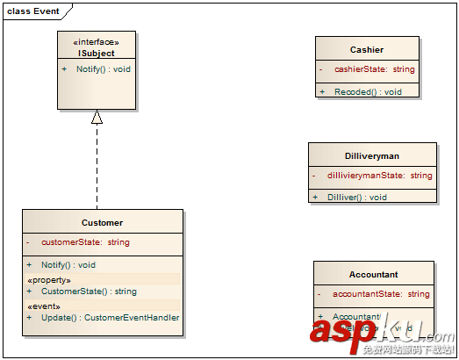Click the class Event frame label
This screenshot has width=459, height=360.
click(x=33, y=10)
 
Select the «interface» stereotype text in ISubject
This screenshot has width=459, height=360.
click(x=97, y=41)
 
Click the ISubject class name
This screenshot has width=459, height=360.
click(x=97, y=53)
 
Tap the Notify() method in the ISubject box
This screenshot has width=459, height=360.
click(x=103, y=68)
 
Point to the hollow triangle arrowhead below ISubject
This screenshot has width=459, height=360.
click(x=97, y=117)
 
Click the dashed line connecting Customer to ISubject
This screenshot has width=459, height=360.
click(x=97, y=167)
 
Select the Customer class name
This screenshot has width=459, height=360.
click(x=102, y=223)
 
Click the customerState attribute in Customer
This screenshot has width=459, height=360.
click(x=85, y=241)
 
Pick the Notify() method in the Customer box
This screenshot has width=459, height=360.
click(x=68, y=264)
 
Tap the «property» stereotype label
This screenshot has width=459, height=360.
click(x=49, y=280)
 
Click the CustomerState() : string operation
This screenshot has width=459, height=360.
click(x=89, y=291)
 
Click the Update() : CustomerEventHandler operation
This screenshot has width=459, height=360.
click(x=110, y=317)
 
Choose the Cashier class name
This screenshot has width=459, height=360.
click(x=366, y=50)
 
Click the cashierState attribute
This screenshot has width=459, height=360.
click(x=374, y=68)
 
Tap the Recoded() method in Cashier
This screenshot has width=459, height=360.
click(x=368, y=91)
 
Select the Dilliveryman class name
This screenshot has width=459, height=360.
click(x=372, y=155)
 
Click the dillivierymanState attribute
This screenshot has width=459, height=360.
click(x=379, y=176)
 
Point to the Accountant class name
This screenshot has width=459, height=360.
click(x=373, y=274)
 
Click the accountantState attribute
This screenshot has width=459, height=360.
click(x=381, y=294)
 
